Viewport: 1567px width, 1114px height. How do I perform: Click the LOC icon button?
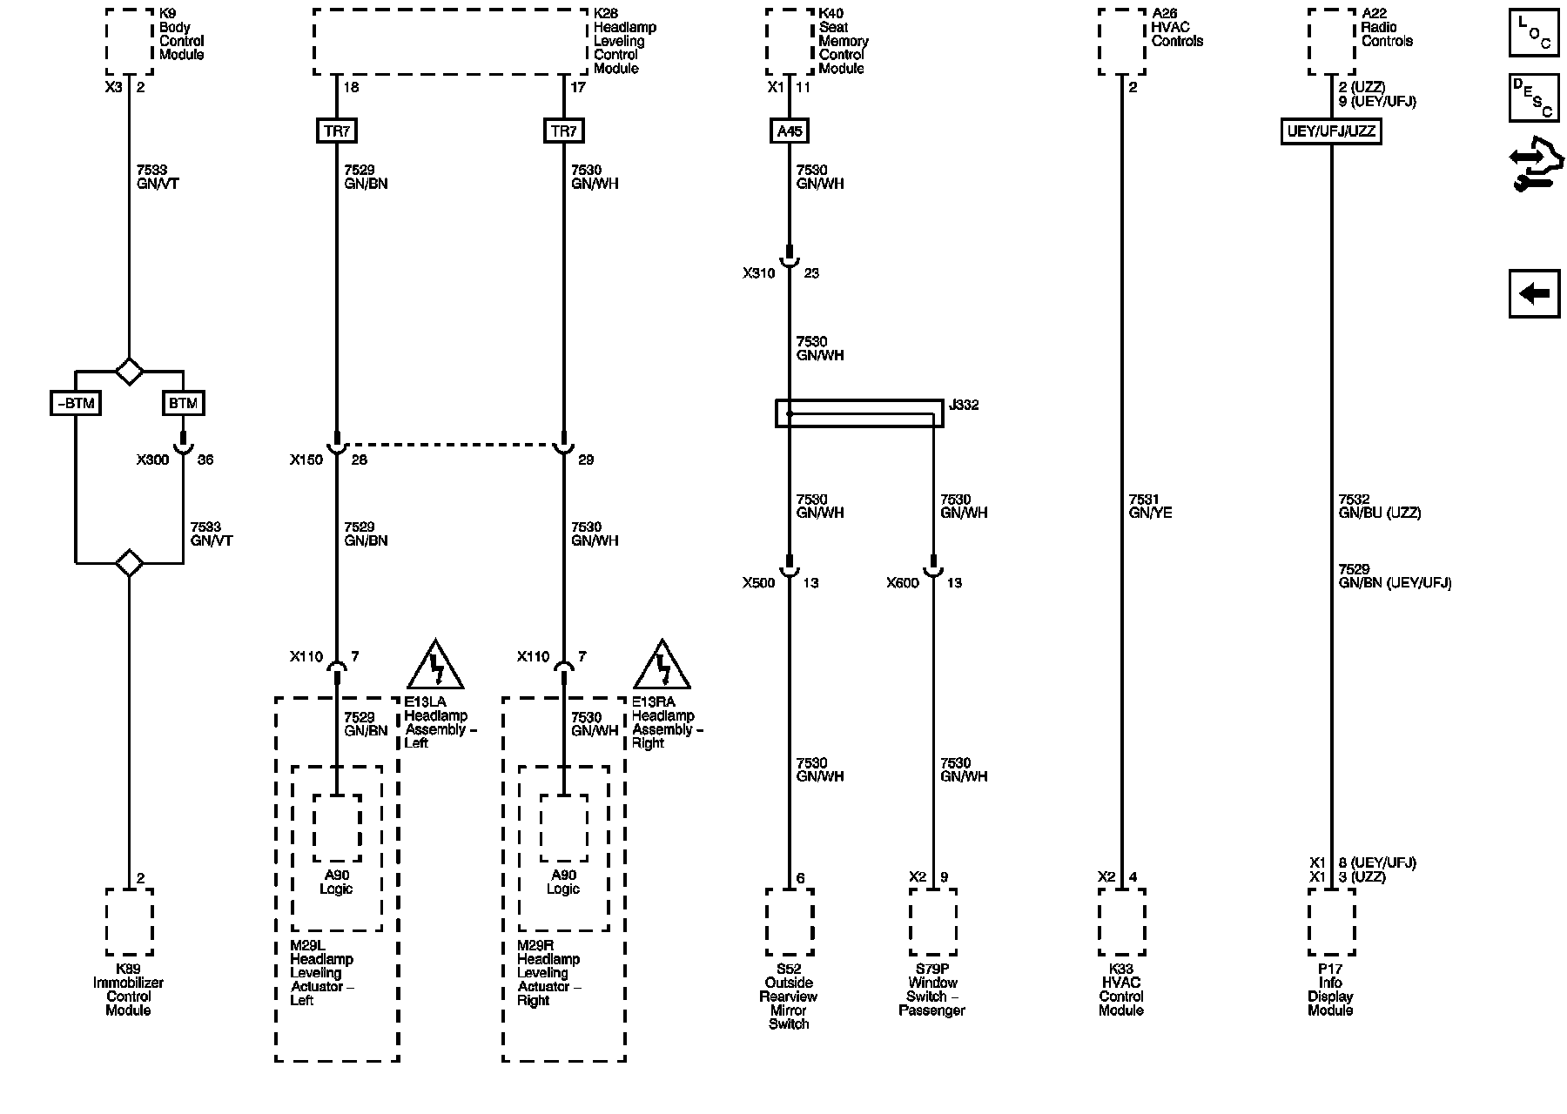1534,32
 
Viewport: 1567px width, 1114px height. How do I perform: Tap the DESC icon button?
1534,97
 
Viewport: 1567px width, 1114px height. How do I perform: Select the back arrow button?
1534,293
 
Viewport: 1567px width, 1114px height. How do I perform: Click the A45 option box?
790,131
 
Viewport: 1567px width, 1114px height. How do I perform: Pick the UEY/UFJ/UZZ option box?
1331,131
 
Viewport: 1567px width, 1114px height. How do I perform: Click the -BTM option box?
76,403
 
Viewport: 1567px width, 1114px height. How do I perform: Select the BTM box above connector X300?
183,403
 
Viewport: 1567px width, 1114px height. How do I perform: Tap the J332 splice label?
963,405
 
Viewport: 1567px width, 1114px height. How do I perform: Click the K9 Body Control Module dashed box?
130,42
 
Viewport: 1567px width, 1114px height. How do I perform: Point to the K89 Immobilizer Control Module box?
130,922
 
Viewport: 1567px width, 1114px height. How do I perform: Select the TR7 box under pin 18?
337,131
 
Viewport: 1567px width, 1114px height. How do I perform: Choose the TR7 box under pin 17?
563,131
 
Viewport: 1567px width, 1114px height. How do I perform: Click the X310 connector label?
758,273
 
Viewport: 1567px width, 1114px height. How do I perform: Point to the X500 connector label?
758,583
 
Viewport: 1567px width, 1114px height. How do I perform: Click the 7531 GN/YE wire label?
1150,507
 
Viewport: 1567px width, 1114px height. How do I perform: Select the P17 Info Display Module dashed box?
1331,922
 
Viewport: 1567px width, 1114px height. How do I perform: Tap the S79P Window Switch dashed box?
933,922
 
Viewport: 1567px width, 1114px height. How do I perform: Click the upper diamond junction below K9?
130,372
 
